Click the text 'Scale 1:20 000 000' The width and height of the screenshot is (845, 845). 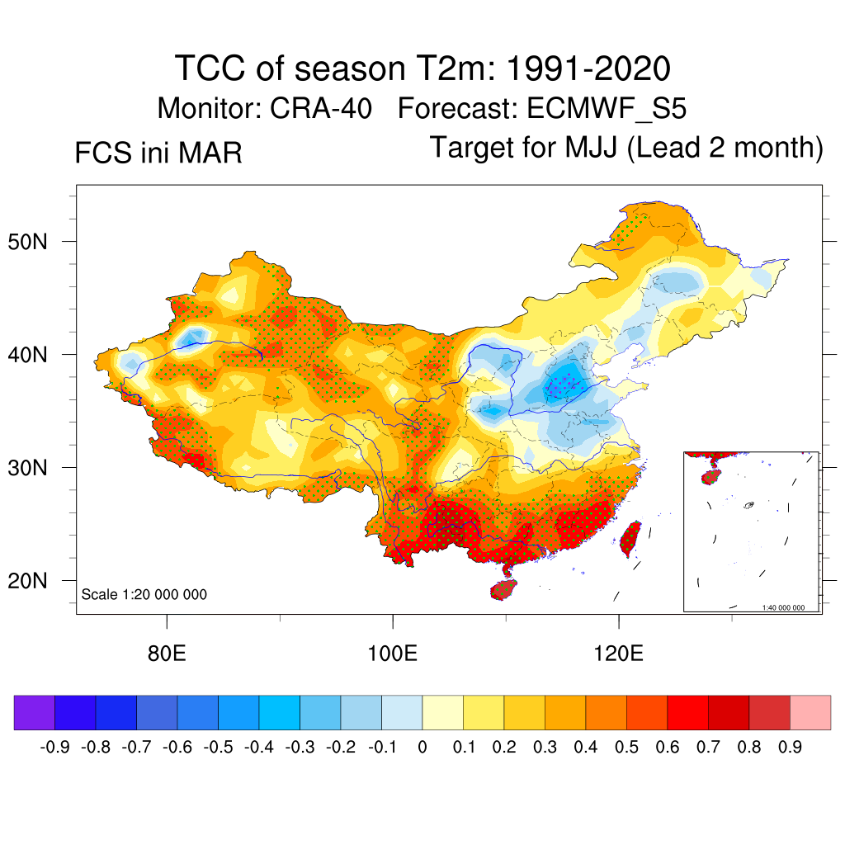[x=144, y=595]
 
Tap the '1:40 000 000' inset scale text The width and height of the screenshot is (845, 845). [x=789, y=607]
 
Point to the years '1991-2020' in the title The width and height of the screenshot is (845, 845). [x=587, y=68]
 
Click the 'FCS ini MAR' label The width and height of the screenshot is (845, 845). [x=158, y=153]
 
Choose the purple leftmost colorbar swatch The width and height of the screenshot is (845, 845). [x=35, y=712]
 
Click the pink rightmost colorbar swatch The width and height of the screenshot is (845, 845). [x=810, y=712]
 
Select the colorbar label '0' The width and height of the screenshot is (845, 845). [x=422, y=748]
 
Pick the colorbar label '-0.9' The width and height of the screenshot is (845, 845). [x=54, y=748]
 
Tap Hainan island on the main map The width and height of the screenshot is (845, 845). [x=504, y=589]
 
